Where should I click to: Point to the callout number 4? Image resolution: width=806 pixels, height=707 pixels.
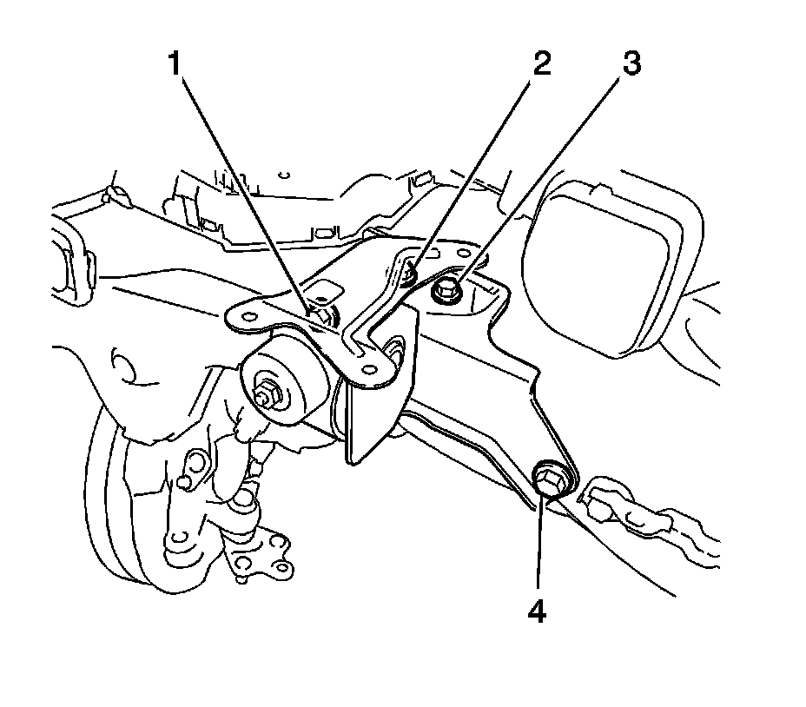(537, 612)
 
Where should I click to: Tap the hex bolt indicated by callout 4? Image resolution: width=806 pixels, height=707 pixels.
(548, 479)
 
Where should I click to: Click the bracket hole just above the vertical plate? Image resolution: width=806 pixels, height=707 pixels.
(372, 370)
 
